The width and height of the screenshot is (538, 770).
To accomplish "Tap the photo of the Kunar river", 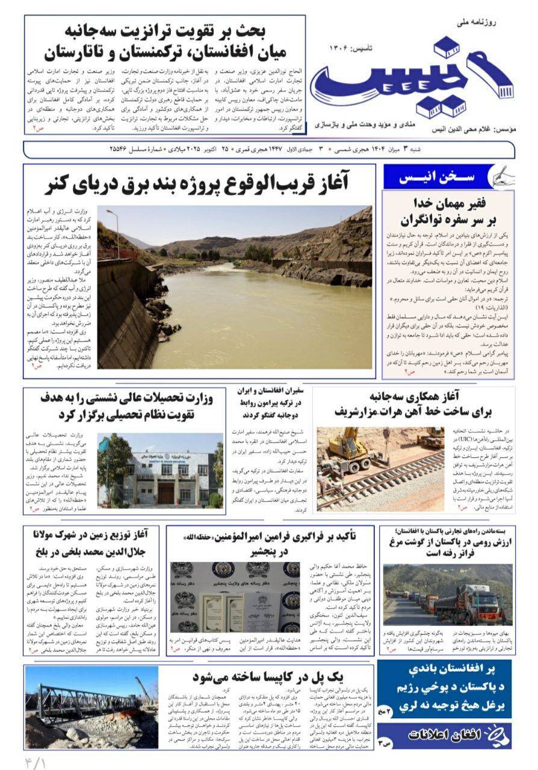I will click(x=235, y=288).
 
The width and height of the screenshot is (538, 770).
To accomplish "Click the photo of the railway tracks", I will click(x=380, y=469).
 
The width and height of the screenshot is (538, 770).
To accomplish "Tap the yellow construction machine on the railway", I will click(x=349, y=449).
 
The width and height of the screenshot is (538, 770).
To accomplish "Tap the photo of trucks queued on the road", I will click(x=447, y=594).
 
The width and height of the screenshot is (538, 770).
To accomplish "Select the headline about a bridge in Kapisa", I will click(x=267, y=677).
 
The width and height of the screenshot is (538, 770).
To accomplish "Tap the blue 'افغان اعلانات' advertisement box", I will click(x=445, y=735).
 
